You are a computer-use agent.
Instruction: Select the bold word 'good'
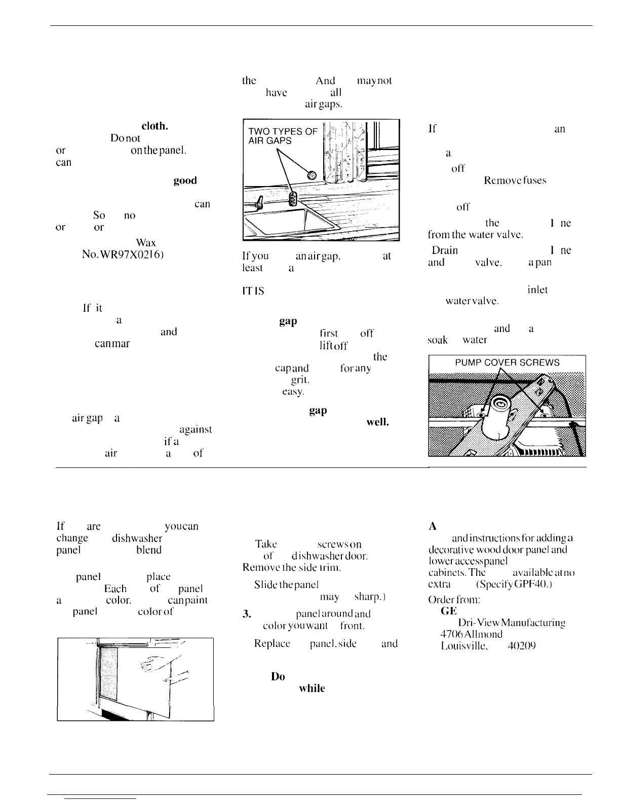click(185, 180)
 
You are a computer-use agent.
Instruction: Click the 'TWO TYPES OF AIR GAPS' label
click(282, 136)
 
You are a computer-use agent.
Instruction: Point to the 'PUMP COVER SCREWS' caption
click(507, 362)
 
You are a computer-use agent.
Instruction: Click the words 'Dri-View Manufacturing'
click(504, 622)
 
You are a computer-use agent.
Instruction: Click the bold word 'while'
click(312, 688)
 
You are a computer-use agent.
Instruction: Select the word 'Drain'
click(445, 250)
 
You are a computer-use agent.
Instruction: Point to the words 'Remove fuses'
click(515, 180)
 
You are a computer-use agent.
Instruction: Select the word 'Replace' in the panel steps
click(272, 644)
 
